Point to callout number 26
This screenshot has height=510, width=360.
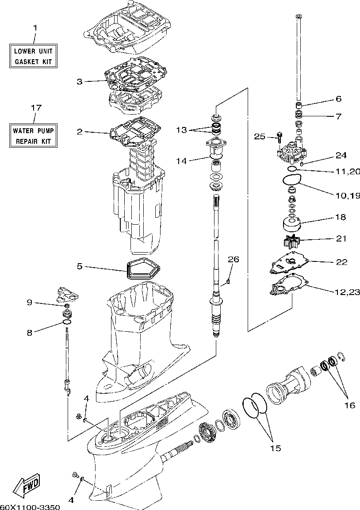pyautogui.click(x=233, y=259)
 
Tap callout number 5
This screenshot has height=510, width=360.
pyautogui.click(x=80, y=266)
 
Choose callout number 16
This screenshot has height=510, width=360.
pyautogui.click(x=349, y=405)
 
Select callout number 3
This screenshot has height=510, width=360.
pyautogui.click(x=80, y=81)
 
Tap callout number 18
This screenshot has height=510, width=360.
pyautogui.click(x=341, y=217)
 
